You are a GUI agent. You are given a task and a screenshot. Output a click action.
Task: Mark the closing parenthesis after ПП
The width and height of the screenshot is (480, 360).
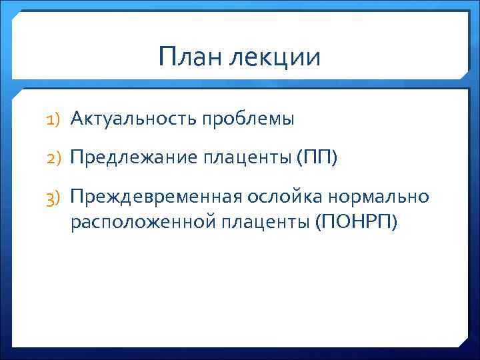click(335, 158)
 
